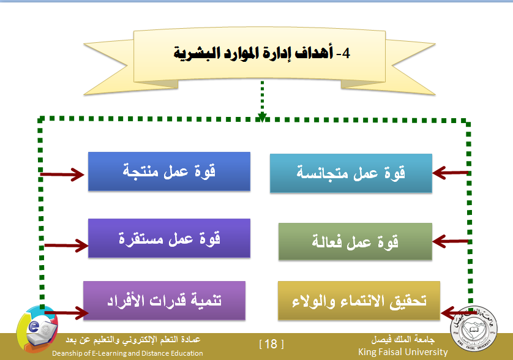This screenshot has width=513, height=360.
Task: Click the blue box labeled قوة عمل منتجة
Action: tap(169, 171)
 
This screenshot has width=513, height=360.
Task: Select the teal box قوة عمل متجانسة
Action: tap(351, 173)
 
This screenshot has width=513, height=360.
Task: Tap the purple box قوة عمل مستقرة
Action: tap(169, 238)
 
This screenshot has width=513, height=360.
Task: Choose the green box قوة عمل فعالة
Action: tap(355, 241)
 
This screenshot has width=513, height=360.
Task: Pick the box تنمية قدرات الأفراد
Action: tap(164, 301)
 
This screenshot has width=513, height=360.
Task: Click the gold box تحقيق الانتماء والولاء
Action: tap(359, 301)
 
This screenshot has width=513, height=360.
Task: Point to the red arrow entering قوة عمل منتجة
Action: tap(62, 174)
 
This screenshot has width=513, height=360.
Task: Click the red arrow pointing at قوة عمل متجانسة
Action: tap(451, 173)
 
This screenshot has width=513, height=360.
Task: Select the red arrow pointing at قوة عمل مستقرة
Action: tap(66, 246)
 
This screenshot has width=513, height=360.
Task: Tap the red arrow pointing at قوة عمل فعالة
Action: tap(451, 241)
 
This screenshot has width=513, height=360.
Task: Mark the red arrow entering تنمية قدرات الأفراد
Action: tap(66, 312)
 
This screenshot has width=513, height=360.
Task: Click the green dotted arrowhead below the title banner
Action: tap(262, 117)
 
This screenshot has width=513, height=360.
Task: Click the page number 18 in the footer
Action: tap(271, 344)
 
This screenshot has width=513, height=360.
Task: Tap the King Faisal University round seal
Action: tap(474, 328)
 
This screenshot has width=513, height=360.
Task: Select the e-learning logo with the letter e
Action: tap(37, 329)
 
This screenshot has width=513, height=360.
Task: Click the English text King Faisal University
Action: tap(403, 352)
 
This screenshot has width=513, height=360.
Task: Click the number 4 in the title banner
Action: tap(346, 53)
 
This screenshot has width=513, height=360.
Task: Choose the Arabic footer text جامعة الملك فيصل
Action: tap(403, 339)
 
